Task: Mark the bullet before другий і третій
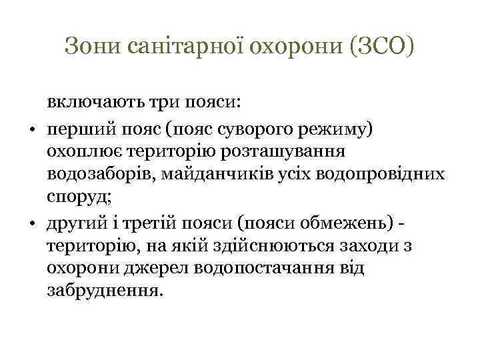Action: coord(32,223)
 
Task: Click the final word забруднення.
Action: coord(104,292)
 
